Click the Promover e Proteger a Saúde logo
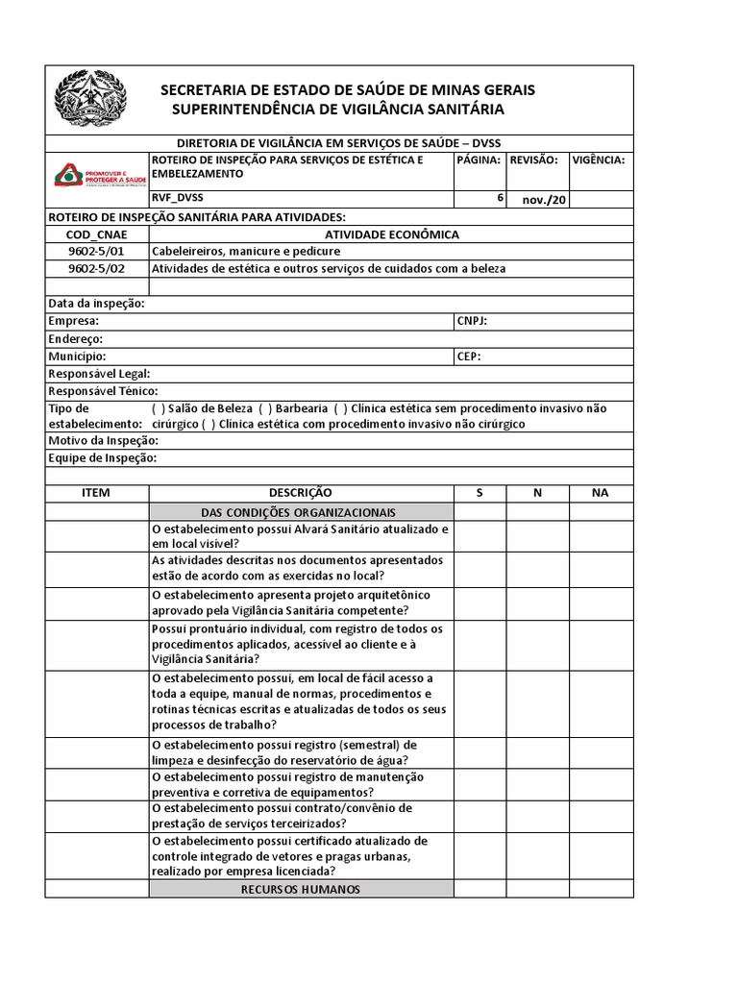pyautogui.click(x=97, y=174)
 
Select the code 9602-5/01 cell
pyautogui.click(x=97, y=251)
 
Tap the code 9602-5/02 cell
pyautogui.click(x=97, y=268)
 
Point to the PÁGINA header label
pyautogui.click(x=479, y=160)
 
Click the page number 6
pyautogui.click(x=500, y=198)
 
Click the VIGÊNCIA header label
pyautogui.click(x=599, y=160)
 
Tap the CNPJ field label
pyautogui.click(x=472, y=321)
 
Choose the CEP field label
pyautogui.click(x=469, y=356)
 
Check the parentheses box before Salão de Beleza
pyautogui.click(x=159, y=408)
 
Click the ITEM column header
pyautogui.click(x=96, y=492)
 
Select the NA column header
pyautogui.click(x=601, y=492)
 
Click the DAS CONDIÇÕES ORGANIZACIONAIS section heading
pyautogui.click(x=301, y=512)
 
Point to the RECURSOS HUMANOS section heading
pyautogui.click(x=301, y=890)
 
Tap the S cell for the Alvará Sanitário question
pyautogui.click(x=480, y=536)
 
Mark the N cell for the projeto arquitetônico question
pyautogui.click(x=537, y=603)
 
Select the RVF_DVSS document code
pyautogui.click(x=178, y=198)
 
